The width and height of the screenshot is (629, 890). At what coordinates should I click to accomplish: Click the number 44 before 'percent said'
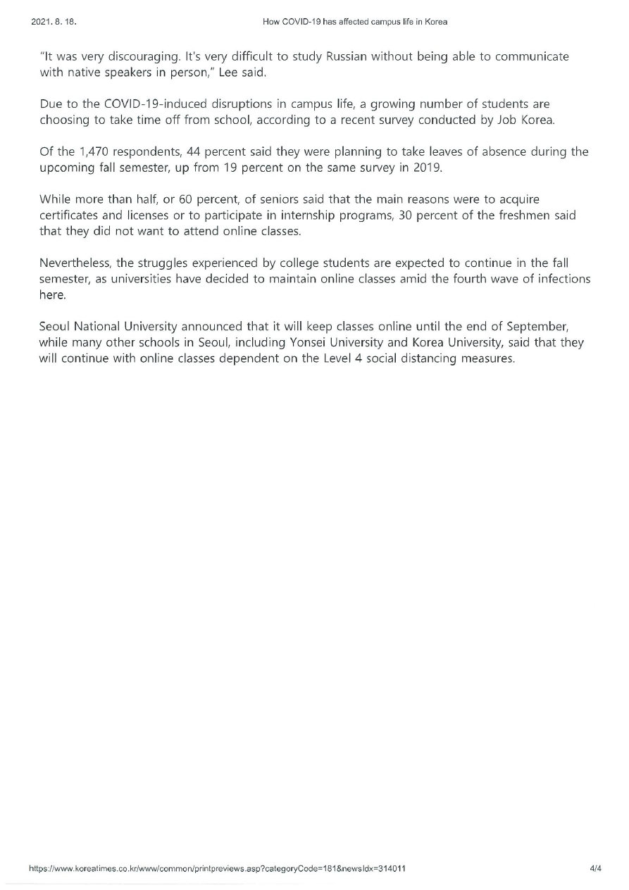coord(194,152)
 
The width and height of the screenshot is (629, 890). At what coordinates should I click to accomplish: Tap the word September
coord(537,327)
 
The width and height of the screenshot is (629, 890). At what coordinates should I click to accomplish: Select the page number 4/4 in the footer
coord(595,869)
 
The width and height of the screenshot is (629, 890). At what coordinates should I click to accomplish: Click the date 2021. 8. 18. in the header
coord(54,22)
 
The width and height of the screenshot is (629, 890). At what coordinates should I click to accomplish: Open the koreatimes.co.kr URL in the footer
coord(217,869)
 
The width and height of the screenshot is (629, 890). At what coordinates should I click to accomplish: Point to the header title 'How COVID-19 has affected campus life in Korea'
coord(355,22)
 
